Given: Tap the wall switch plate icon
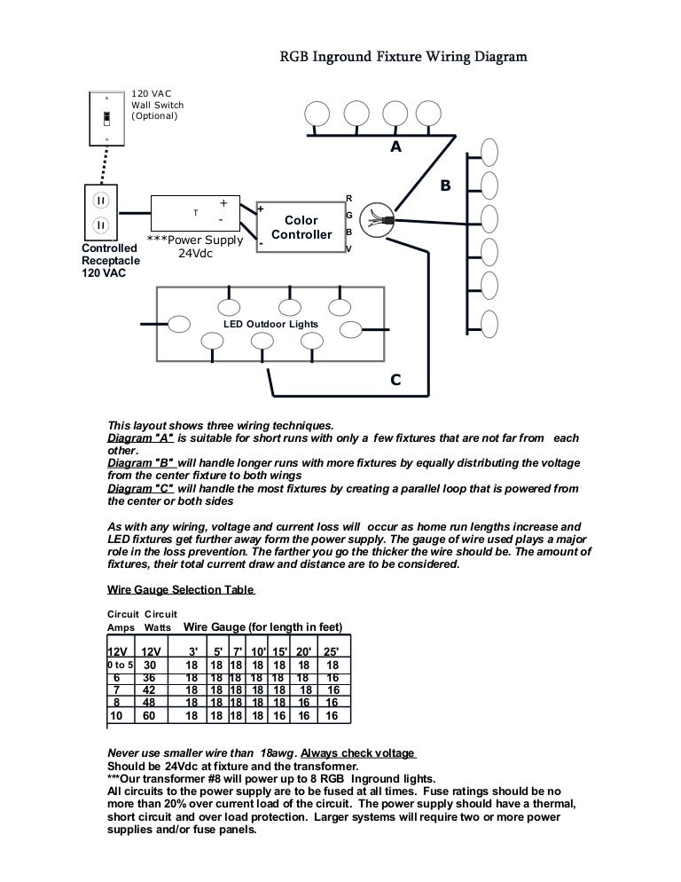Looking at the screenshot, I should (x=106, y=117).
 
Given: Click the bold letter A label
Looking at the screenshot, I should (x=395, y=148).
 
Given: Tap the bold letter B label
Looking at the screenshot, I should (x=445, y=186).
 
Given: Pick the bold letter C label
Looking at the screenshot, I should (x=395, y=381).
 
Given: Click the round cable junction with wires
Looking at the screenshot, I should (x=376, y=217).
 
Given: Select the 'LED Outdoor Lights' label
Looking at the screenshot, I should (x=270, y=325).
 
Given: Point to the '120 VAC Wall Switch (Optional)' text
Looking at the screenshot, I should (x=158, y=105).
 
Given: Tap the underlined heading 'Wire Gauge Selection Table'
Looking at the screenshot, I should (x=181, y=589).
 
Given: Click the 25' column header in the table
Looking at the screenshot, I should (x=332, y=652).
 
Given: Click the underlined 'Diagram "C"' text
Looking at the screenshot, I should (x=140, y=488).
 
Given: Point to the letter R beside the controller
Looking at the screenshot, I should (x=349, y=198).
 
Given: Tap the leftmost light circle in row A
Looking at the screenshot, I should (x=317, y=113).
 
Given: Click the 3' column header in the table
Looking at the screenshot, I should (x=192, y=652).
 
